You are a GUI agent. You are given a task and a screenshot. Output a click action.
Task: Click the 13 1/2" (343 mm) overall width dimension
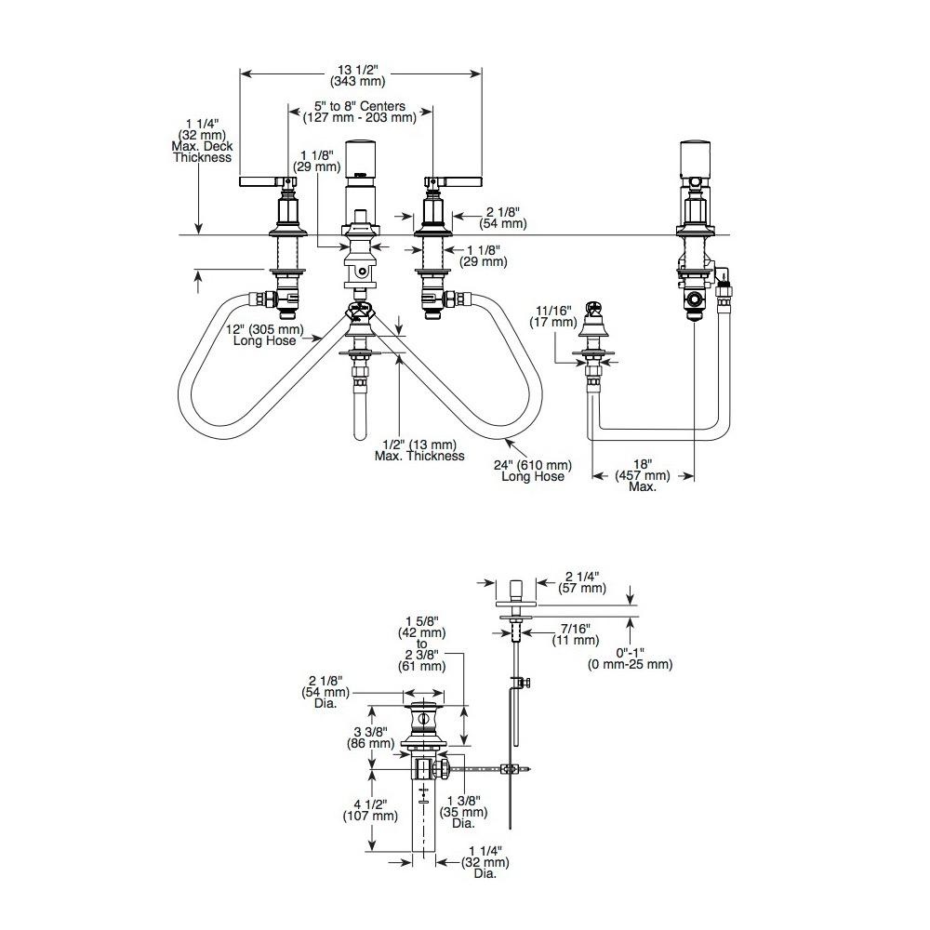(358, 75)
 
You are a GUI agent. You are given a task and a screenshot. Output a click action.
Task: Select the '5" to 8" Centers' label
(359, 106)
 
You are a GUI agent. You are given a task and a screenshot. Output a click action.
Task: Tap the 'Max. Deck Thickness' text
(202, 152)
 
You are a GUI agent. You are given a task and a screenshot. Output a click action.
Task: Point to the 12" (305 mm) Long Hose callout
(264, 335)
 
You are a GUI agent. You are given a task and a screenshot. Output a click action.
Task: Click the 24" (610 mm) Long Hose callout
(533, 471)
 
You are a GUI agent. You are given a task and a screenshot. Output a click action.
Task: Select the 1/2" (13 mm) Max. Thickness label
(419, 450)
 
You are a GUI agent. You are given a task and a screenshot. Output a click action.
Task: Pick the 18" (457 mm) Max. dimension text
(643, 475)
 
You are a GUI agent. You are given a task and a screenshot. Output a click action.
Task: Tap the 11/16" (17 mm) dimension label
(552, 316)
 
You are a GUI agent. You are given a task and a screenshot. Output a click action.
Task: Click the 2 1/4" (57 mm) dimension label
(582, 582)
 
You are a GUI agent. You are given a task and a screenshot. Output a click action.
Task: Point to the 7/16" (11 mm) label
(576, 634)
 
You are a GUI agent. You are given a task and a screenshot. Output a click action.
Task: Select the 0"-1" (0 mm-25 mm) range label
(630, 658)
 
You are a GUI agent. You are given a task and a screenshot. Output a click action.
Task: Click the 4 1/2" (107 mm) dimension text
(370, 810)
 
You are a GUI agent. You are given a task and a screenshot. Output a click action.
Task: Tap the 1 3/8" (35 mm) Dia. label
(463, 812)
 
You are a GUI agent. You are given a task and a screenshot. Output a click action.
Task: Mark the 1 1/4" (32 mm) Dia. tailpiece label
(485, 862)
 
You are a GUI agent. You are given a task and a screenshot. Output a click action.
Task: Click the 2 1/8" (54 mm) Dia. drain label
(325, 692)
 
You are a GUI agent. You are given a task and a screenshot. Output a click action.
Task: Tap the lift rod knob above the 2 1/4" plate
(516, 591)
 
